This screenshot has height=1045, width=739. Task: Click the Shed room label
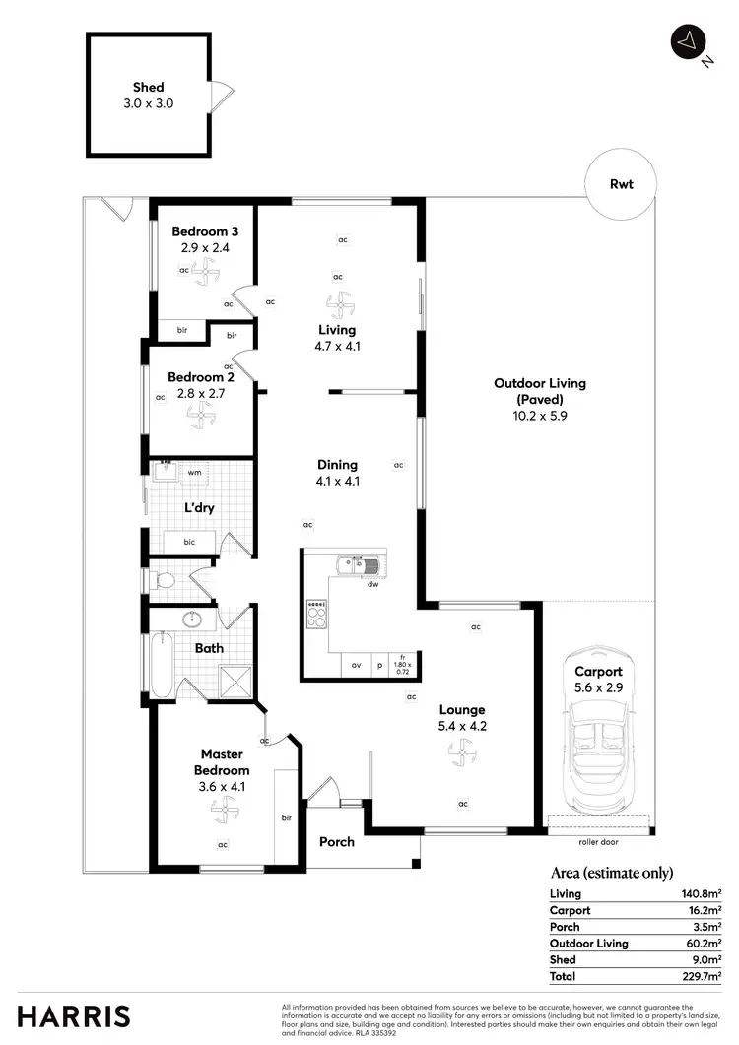[x=149, y=88]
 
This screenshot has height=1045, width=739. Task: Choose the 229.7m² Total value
[x=704, y=976]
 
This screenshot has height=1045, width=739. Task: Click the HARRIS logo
[x=74, y=1016]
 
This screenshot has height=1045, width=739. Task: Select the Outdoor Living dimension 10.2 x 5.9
[x=528, y=416]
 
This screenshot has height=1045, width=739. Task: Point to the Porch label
[x=336, y=842]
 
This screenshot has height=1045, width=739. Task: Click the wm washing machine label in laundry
[x=194, y=473]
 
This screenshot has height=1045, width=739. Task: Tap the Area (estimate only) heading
[x=610, y=873]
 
